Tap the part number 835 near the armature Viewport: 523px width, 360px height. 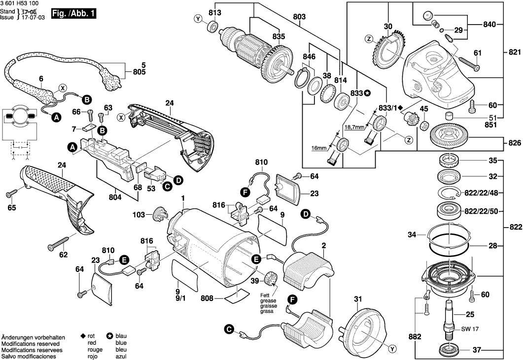click(279, 36)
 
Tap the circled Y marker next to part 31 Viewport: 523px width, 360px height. click(392, 349)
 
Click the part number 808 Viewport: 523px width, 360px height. click(208, 298)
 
